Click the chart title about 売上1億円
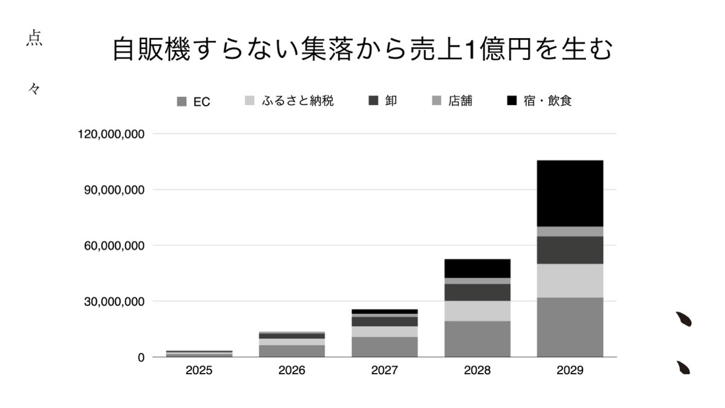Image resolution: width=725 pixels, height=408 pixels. [362, 50]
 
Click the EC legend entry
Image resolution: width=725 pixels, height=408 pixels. [193, 102]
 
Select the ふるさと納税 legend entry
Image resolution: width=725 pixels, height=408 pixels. [289, 101]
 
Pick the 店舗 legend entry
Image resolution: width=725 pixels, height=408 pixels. [453, 101]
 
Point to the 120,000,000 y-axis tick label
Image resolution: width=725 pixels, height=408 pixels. [111, 134]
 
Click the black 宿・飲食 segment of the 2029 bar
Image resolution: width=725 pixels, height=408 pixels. [570, 193]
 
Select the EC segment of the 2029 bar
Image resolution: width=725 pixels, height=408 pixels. [570, 327]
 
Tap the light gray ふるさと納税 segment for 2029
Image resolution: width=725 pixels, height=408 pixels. [570, 280]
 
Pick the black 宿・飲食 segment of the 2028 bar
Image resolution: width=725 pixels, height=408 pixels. [477, 268]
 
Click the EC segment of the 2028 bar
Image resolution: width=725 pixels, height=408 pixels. [477, 338]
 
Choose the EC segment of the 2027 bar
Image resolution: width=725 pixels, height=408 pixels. [384, 346]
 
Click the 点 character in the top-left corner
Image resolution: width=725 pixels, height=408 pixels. [34, 39]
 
